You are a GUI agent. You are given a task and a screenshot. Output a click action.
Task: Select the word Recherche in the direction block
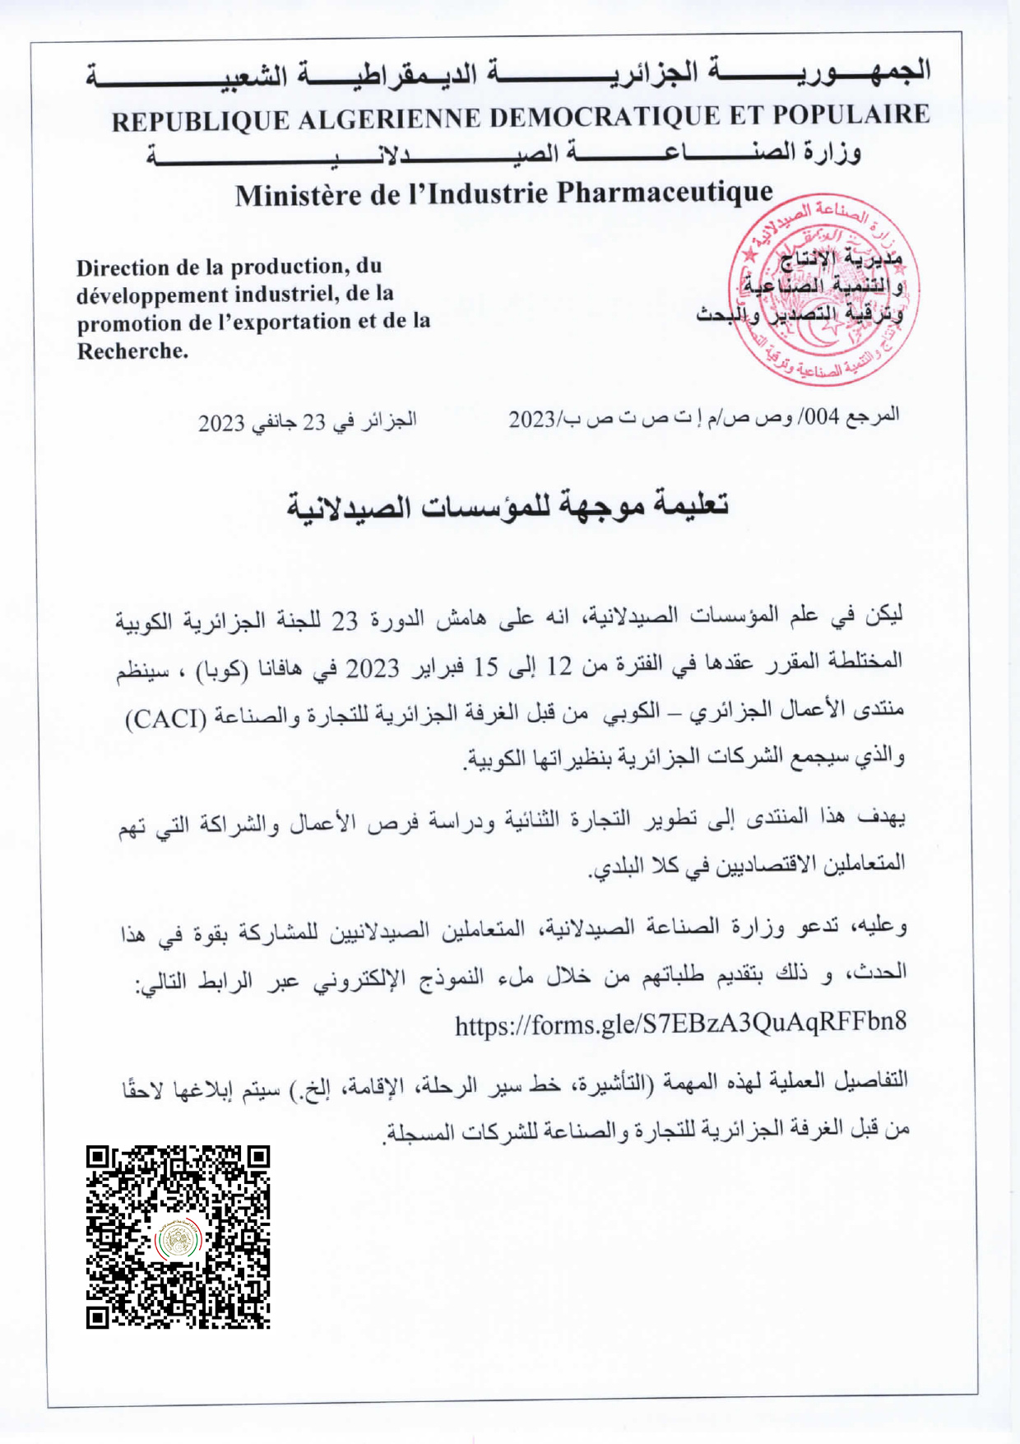pyautogui.click(x=132, y=351)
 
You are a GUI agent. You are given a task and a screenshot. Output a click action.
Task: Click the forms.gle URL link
pyautogui.click(x=680, y=1024)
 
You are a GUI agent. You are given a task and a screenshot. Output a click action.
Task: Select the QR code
pyautogui.click(x=178, y=1237)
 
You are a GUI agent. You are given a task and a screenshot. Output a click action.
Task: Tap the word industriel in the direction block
pyautogui.click(x=285, y=294)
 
